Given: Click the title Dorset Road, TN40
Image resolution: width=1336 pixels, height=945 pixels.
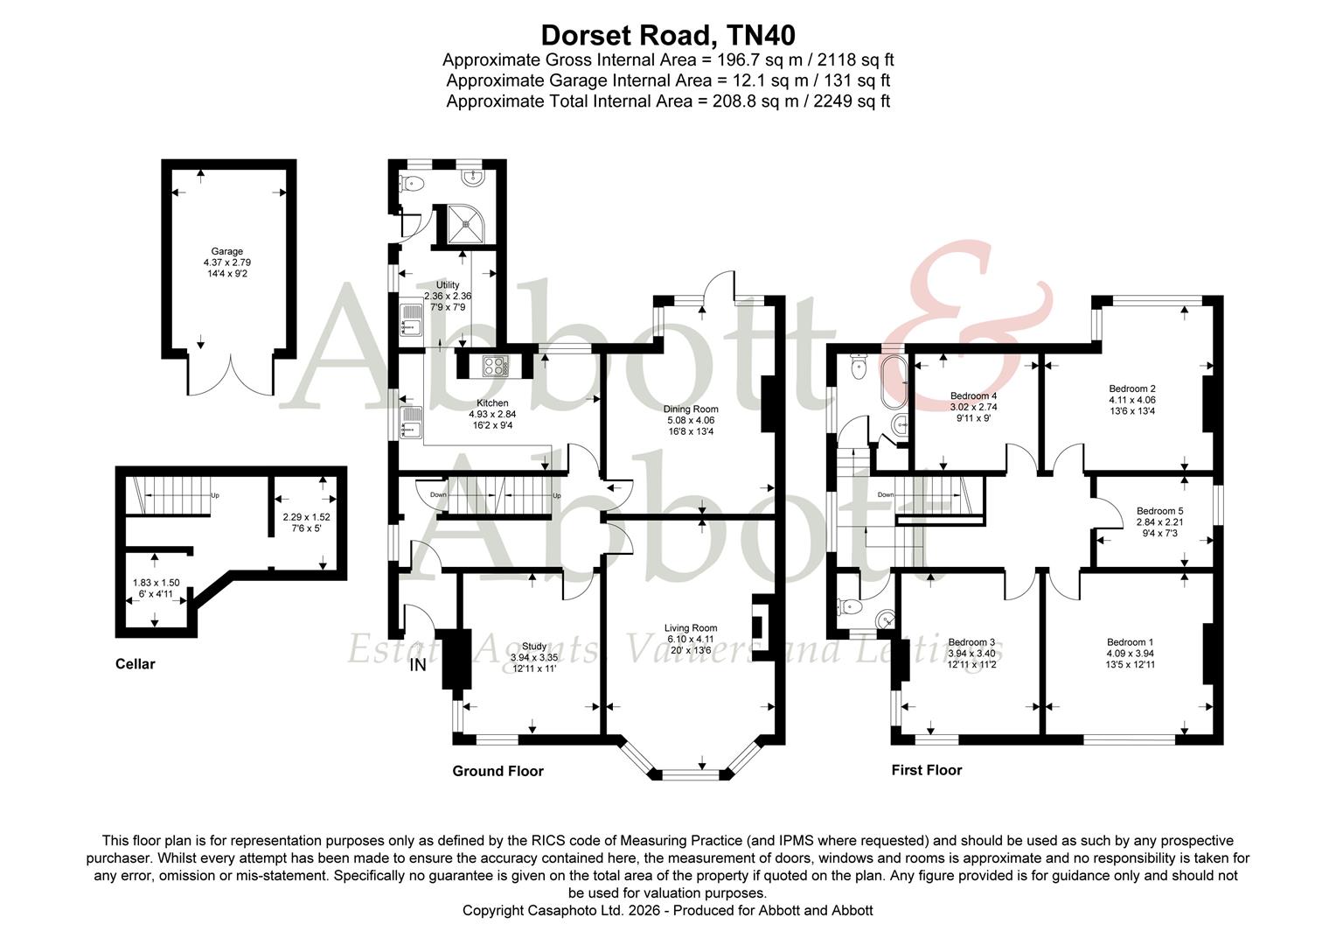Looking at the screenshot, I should pyautogui.click(x=668, y=34).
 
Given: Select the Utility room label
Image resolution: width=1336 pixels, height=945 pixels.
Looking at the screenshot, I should pyautogui.click(x=448, y=285).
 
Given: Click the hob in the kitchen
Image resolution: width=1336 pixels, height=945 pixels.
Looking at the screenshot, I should pyautogui.click(x=495, y=366).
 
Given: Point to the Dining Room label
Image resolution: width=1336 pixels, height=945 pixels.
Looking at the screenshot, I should pyautogui.click(x=690, y=409).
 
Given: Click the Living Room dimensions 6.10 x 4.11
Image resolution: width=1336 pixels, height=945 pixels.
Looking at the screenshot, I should pyautogui.click(x=690, y=639).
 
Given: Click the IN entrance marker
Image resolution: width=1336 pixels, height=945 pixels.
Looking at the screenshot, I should pyautogui.click(x=418, y=665).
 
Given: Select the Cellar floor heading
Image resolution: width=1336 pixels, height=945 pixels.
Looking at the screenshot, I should pyautogui.click(x=135, y=664).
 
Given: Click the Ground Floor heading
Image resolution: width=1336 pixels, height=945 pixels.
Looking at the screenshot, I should pyautogui.click(x=498, y=771).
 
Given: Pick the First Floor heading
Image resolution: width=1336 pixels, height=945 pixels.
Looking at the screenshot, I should pyautogui.click(x=926, y=770).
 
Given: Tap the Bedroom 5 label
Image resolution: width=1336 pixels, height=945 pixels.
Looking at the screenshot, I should pyautogui.click(x=1159, y=511).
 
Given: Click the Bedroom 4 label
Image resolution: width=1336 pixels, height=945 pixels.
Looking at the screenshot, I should pyautogui.click(x=973, y=396).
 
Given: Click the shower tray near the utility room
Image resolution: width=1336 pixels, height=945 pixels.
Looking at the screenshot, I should pyautogui.click(x=460, y=224).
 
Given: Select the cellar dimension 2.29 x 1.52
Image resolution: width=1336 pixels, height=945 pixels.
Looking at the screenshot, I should pyautogui.click(x=306, y=517).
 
